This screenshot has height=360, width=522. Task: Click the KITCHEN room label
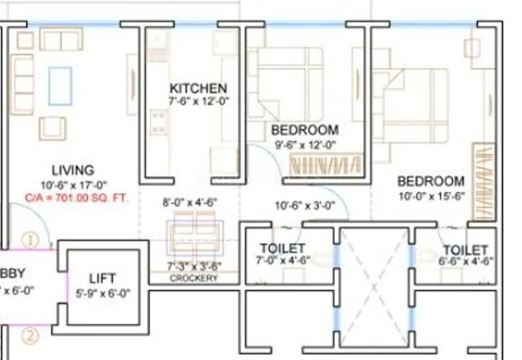click(198, 88)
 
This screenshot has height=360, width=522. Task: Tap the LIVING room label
click(72, 171)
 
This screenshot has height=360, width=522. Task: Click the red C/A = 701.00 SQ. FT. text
click(78, 196)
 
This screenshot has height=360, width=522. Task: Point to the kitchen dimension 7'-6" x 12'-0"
click(198, 101)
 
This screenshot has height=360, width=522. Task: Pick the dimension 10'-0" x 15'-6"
click(431, 196)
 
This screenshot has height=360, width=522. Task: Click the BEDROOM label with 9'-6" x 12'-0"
click(305, 130)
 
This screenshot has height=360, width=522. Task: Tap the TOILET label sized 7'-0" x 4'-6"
click(283, 248)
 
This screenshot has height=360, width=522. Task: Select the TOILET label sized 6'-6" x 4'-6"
click(465, 250)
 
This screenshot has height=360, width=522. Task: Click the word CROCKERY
click(194, 278)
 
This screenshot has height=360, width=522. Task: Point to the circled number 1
click(30, 239)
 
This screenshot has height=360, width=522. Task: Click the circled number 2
click(30, 337)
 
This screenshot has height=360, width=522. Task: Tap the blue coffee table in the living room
click(60, 85)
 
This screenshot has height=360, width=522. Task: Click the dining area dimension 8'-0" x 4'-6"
click(189, 203)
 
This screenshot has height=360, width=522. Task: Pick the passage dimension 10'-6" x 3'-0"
click(305, 206)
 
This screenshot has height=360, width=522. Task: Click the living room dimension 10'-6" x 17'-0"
click(72, 185)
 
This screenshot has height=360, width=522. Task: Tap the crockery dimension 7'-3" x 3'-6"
click(194, 266)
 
